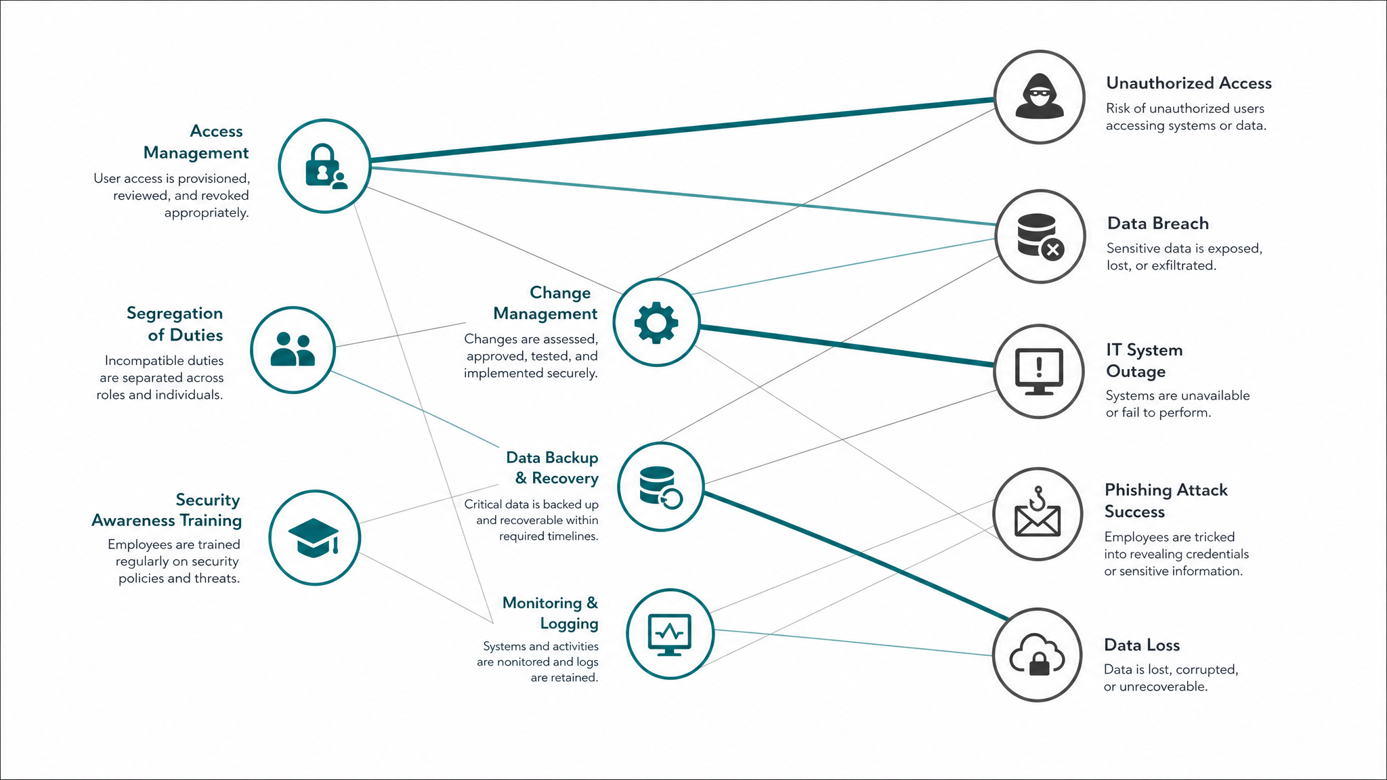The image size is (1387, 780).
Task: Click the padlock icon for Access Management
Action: (x=326, y=166)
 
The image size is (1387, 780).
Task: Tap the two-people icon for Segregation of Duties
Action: (x=293, y=349)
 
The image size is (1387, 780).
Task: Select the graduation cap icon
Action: (x=314, y=538)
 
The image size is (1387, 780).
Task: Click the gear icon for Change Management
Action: (x=656, y=322)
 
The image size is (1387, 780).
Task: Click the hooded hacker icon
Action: (x=1039, y=97)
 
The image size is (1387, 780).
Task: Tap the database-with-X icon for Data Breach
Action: (x=1040, y=236)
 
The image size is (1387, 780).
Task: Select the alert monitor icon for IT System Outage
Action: (x=1039, y=372)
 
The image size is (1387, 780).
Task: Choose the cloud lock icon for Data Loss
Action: (x=1037, y=655)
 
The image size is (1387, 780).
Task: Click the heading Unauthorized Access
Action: (x=1189, y=83)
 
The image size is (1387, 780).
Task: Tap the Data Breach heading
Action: (x=1158, y=223)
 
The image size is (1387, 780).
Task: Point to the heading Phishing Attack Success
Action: (x=1166, y=501)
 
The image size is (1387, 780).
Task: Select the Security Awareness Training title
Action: (x=167, y=511)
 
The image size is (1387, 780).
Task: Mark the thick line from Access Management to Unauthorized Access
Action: (x=682, y=130)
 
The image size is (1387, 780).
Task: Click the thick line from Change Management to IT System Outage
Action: (x=847, y=346)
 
